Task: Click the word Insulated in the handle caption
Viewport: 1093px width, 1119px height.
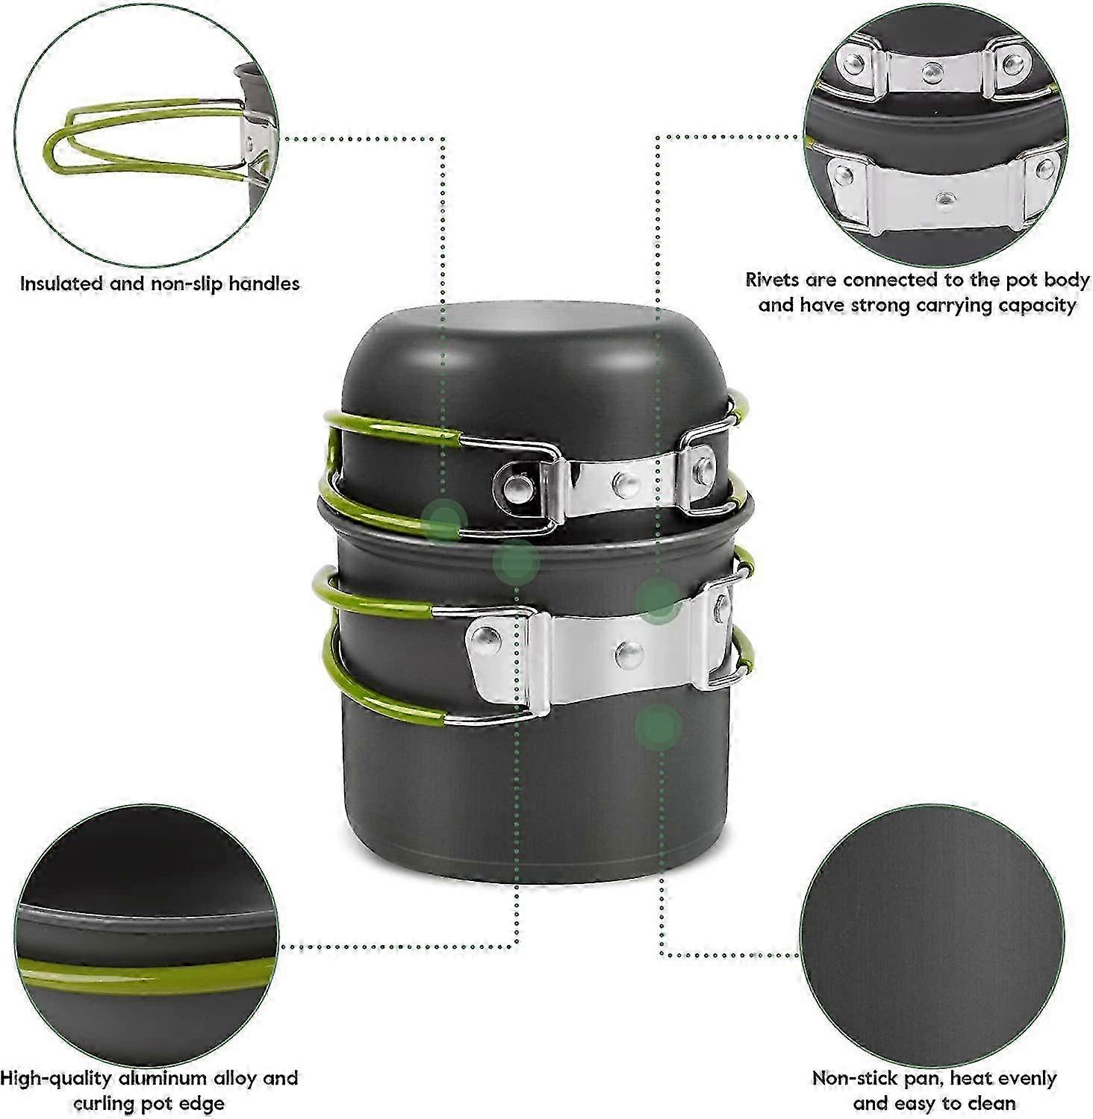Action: click(x=62, y=283)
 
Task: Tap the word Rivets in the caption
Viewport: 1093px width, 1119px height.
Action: click(x=773, y=280)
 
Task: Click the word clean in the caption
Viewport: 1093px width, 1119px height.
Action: click(x=990, y=1104)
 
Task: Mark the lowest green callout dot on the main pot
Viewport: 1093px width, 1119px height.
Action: click(x=658, y=727)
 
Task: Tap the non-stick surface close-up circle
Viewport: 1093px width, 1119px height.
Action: click(x=934, y=933)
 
